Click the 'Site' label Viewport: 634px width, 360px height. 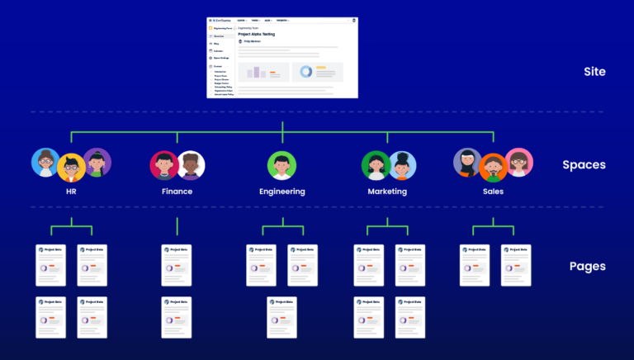tap(594, 72)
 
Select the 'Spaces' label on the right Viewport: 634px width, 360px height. tap(584, 164)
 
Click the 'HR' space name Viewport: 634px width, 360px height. tap(71, 192)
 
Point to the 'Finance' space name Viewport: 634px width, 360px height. tap(177, 192)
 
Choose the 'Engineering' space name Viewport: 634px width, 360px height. tap(282, 192)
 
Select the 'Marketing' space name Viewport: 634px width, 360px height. tap(387, 192)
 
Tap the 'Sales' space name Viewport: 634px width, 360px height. tap(493, 192)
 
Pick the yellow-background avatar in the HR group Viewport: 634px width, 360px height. tap(71, 168)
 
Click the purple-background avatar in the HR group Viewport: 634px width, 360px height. tap(97, 162)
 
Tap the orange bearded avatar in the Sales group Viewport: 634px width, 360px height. tap(493, 168)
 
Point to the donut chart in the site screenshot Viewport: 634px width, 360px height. tap(305, 73)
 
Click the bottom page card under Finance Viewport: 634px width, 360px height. tap(177, 317)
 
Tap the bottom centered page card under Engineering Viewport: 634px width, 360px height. tap(282, 317)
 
